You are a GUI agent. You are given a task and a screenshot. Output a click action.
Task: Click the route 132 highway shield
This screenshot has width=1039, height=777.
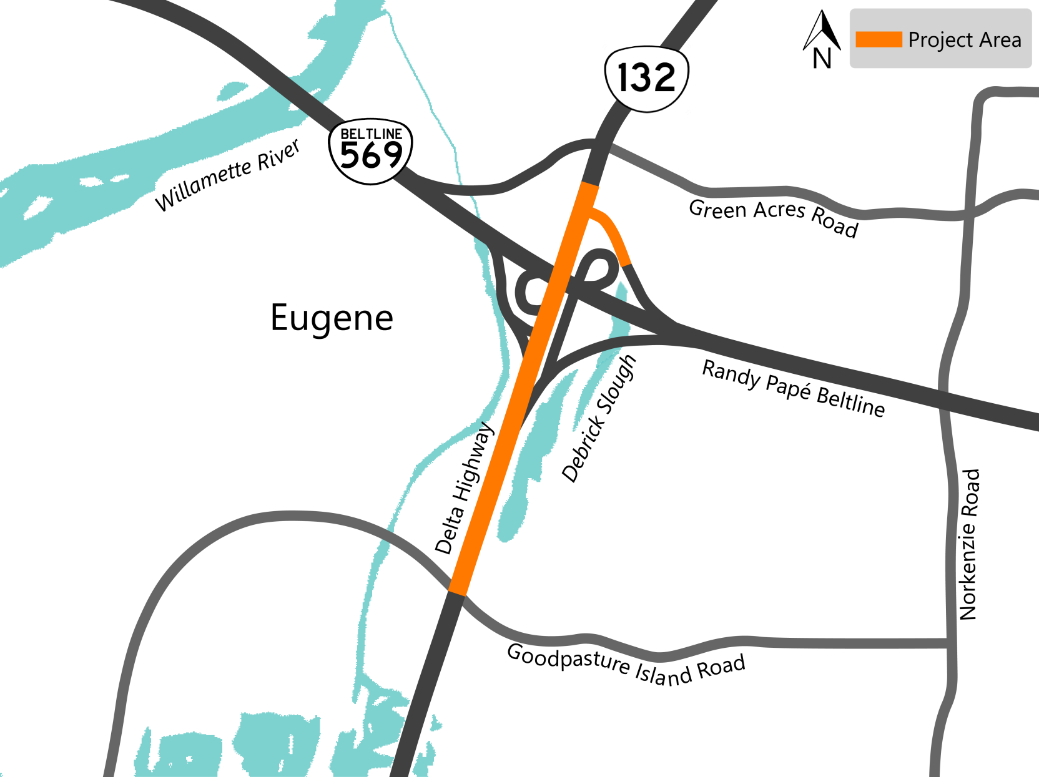[x=646, y=79]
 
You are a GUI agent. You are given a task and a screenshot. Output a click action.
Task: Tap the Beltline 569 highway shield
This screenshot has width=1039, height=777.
[x=371, y=152]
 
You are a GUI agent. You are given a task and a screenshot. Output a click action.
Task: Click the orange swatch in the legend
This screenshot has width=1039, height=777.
[x=878, y=39]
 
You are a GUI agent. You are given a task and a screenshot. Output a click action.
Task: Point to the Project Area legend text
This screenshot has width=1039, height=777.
[x=964, y=40]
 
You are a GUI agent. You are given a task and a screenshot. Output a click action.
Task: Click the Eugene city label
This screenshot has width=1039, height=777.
[x=332, y=318]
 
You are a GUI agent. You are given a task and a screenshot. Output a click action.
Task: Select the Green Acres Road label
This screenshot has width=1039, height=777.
[x=773, y=217]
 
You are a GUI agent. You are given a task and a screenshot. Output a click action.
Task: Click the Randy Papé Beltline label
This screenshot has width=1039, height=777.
[x=794, y=388]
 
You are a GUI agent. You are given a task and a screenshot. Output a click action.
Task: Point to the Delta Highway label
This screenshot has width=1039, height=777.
[x=465, y=489]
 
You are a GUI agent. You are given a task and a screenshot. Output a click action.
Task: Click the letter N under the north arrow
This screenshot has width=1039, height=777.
[x=822, y=59]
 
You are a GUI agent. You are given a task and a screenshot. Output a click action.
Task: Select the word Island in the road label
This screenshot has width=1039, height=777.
[x=663, y=673]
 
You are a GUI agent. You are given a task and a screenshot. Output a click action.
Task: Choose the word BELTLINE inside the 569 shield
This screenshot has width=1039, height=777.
[x=371, y=134]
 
